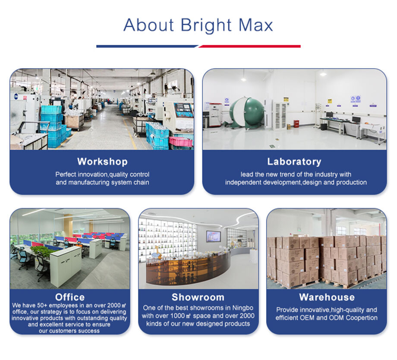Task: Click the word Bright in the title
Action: pos(206,25)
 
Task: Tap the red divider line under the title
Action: pos(250,46)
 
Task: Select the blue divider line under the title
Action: pos(147,46)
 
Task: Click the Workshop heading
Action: pos(102,161)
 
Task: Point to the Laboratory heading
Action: pos(294,161)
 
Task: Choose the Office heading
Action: pos(70,297)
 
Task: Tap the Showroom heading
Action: pos(198,297)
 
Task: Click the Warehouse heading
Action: pos(327,297)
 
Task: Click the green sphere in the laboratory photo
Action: pos(248,112)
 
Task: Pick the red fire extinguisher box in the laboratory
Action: pos(296,123)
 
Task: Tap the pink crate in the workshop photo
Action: pos(181,141)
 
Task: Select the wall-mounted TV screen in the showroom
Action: pos(214,237)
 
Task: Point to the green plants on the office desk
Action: pos(42,250)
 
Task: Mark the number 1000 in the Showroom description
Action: pos(177,316)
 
